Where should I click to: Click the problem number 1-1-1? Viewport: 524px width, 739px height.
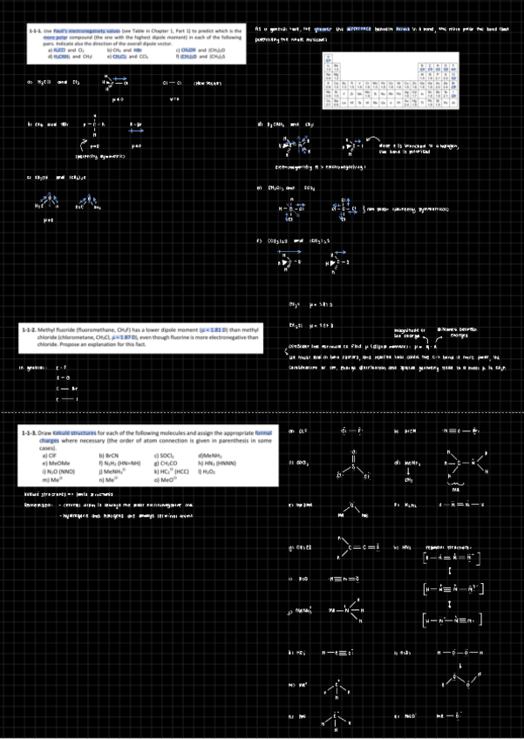(x=37, y=30)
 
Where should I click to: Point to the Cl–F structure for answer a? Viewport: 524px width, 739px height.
(x=353, y=430)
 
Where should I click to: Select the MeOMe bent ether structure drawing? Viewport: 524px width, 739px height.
(x=354, y=509)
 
